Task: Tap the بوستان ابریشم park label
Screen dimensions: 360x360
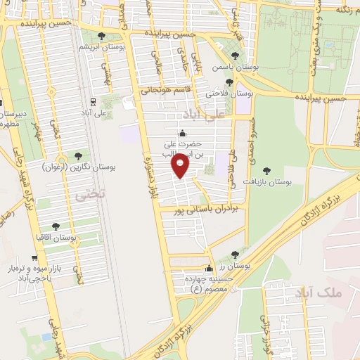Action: click(101, 46)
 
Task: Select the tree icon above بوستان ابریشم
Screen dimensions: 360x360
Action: click(101, 35)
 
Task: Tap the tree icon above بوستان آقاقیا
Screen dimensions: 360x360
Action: click(56, 226)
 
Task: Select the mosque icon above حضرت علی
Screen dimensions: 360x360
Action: click(184, 133)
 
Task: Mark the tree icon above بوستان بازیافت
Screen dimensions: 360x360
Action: click(266, 170)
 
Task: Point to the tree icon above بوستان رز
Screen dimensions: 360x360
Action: click(235, 255)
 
